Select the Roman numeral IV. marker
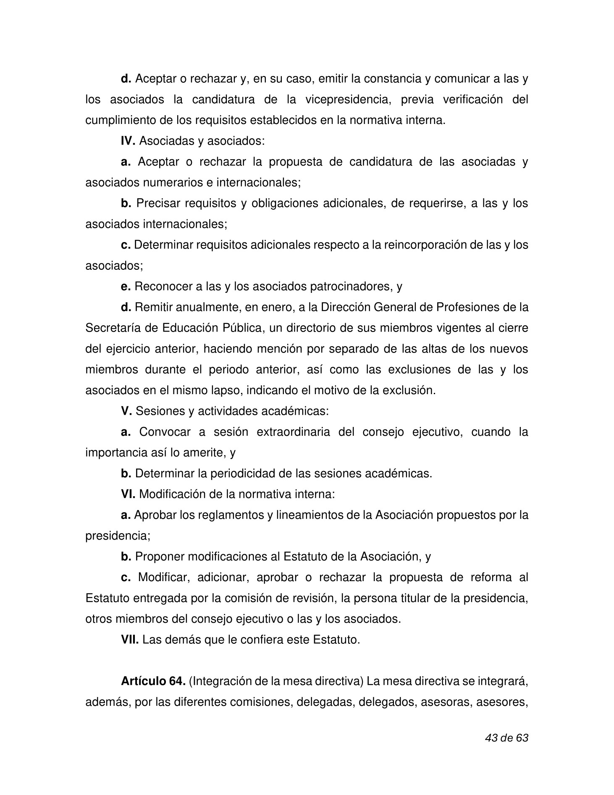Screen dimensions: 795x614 (x=128, y=141)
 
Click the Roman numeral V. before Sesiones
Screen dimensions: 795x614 (x=126, y=411)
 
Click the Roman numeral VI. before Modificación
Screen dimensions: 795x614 (x=128, y=494)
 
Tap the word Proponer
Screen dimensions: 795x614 (x=160, y=556)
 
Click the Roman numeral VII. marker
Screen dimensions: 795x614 (x=130, y=640)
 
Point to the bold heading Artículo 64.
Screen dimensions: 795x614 (x=153, y=681)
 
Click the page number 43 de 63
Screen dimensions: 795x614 (x=506, y=738)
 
